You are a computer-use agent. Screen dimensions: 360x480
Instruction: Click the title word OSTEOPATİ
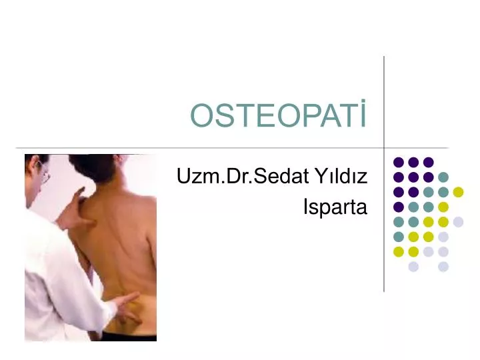tap(279, 117)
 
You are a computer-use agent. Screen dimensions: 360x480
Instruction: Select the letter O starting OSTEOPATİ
tap(200, 117)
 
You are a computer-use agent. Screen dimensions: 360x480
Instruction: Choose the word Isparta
tap(335, 207)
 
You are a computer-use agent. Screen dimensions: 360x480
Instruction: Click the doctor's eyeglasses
tap(44, 175)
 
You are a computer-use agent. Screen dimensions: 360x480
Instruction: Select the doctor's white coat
tap(53, 280)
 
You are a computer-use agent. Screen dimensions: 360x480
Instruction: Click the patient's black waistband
tap(130, 337)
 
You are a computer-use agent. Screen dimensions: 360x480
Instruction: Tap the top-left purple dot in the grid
tap(399, 162)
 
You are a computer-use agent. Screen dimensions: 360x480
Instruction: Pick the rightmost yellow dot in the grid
tap(458, 192)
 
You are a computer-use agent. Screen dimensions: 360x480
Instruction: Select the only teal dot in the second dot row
tap(443, 177)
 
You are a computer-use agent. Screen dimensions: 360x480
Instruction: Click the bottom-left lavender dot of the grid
tap(413, 267)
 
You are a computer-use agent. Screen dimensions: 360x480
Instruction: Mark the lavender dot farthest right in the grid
tap(458, 222)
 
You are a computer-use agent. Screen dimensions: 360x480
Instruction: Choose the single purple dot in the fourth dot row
tap(399, 207)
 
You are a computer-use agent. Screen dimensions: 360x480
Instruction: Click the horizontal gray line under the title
tap(200, 147)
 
